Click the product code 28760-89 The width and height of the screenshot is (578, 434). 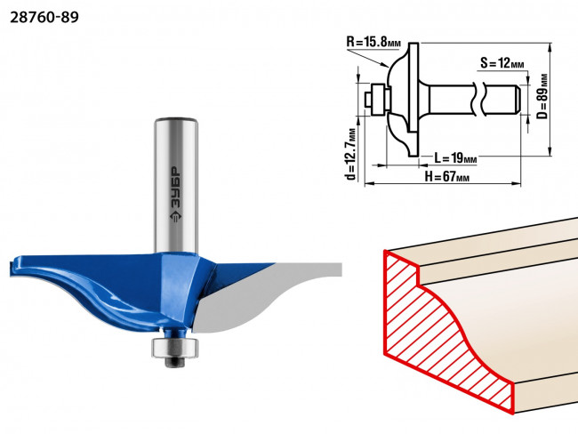[x=44, y=17]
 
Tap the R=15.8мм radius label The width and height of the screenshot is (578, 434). [x=373, y=41]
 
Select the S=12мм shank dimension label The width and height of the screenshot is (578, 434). [x=502, y=63]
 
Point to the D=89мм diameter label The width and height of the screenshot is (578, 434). [x=542, y=96]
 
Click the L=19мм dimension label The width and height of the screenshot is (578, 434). [x=455, y=158]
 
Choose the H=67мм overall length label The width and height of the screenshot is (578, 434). [x=447, y=177]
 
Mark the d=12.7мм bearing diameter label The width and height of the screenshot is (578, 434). [x=351, y=154]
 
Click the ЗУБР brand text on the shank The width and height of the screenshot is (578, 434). [x=176, y=185]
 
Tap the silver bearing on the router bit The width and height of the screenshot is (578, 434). [x=174, y=348]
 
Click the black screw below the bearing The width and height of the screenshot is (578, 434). [x=175, y=362]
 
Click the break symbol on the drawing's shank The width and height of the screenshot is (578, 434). [x=479, y=100]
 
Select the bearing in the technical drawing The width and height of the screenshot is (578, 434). [x=378, y=100]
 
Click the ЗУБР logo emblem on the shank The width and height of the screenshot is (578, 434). [x=176, y=216]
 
